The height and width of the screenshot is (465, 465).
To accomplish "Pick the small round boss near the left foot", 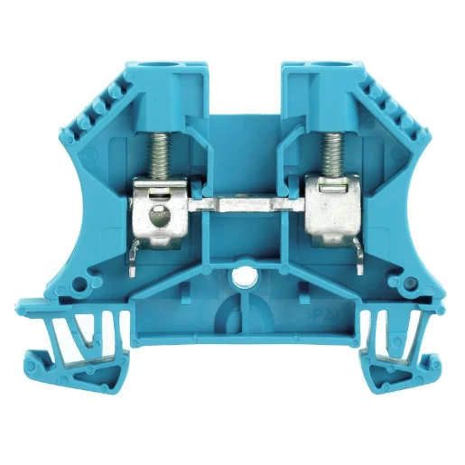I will (80, 285).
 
